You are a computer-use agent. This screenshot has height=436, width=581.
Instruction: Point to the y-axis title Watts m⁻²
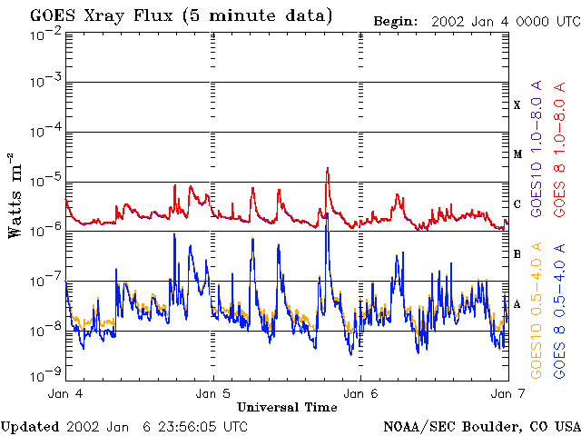tap(15, 195)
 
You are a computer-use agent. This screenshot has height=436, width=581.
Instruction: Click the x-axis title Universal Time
tap(287, 407)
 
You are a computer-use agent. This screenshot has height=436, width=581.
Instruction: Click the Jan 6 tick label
tap(360, 394)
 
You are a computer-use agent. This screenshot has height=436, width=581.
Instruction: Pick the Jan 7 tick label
tap(507, 394)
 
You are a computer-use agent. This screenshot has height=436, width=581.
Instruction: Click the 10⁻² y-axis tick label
tap(44, 35)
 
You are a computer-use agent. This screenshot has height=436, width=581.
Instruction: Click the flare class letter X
tap(517, 105)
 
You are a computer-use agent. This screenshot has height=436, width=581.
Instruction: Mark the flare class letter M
tap(517, 154)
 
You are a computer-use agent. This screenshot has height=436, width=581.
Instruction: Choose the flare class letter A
tap(517, 303)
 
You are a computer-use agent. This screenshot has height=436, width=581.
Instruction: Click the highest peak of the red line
tap(327, 169)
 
